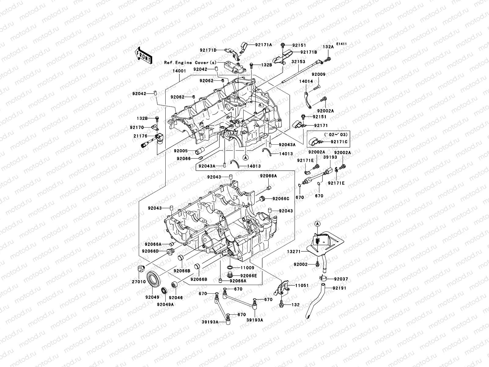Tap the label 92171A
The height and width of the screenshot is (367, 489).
coord(263,45)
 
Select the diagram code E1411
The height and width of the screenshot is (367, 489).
coord(342,44)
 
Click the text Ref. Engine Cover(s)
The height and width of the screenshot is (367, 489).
coord(190,62)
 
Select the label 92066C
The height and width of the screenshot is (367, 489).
coord(281,199)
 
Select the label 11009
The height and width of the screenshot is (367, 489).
coord(248,268)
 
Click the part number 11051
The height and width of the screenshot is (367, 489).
coord(302,285)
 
